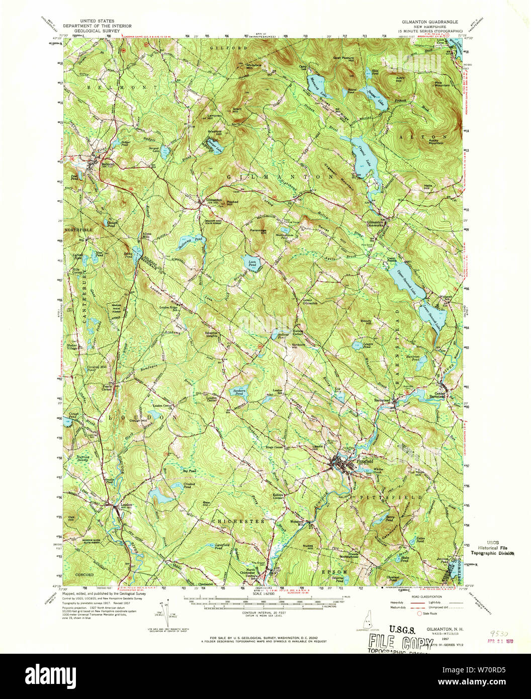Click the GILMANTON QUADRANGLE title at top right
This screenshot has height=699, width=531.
click(427, 23)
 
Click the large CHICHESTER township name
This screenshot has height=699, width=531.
click(238, 522)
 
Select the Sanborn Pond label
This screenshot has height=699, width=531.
click(236, 391)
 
